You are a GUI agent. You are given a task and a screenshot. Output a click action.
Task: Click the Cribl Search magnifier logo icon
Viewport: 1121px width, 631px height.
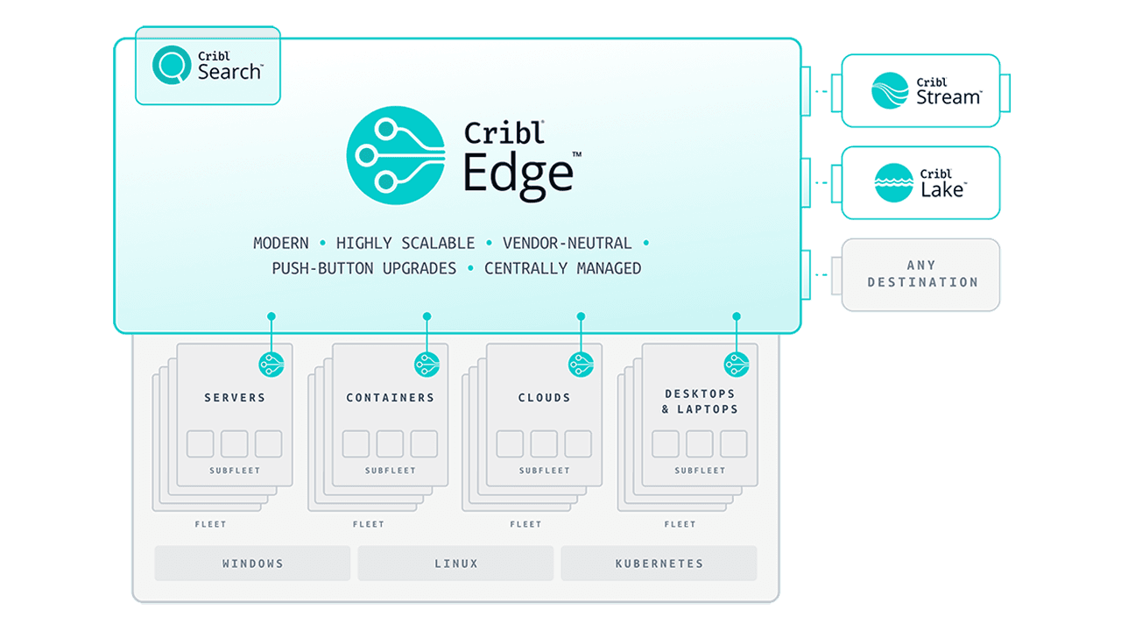coord(172,65)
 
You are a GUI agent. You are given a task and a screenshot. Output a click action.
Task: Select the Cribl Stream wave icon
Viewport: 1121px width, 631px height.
coord(890,90)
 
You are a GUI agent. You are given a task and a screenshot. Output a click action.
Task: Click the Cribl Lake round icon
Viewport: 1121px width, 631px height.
coord(893,182)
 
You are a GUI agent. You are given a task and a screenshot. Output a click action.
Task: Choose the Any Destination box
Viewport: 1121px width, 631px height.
coord(921,274)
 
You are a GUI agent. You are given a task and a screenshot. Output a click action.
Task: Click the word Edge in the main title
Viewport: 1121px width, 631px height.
coord(518,173)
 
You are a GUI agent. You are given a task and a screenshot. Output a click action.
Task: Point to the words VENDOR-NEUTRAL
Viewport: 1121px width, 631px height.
coord(567,243)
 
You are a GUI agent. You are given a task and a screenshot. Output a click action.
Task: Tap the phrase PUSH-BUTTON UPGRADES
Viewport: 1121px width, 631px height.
coord(363,268)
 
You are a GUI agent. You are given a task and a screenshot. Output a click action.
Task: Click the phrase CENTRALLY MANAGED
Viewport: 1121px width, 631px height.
coord(562,268)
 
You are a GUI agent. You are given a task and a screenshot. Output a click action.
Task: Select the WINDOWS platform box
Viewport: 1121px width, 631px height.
coord(252,564)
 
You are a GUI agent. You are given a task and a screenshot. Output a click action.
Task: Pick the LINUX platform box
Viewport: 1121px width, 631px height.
coord(455,564)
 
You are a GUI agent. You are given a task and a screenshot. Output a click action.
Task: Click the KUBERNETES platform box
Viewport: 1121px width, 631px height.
coord(659,564)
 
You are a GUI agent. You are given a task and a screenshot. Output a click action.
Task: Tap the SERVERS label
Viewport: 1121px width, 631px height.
coord(235,398)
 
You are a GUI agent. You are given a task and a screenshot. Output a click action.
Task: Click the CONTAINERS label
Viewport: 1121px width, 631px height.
coord(390,398)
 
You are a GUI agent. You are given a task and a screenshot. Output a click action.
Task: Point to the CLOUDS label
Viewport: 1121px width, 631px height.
coord(544,398)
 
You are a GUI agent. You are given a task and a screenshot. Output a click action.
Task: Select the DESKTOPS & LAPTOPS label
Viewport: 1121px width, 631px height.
coord(700,401)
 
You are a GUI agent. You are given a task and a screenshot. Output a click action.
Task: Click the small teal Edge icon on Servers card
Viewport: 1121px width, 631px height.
coord(271,365)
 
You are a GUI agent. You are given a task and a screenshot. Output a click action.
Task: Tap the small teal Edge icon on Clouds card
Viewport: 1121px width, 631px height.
coord(581,365)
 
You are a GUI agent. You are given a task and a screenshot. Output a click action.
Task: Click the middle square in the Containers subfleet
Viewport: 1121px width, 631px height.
coord(390,444)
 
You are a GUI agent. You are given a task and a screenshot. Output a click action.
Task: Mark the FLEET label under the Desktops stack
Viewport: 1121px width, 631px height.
coord(680,524)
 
